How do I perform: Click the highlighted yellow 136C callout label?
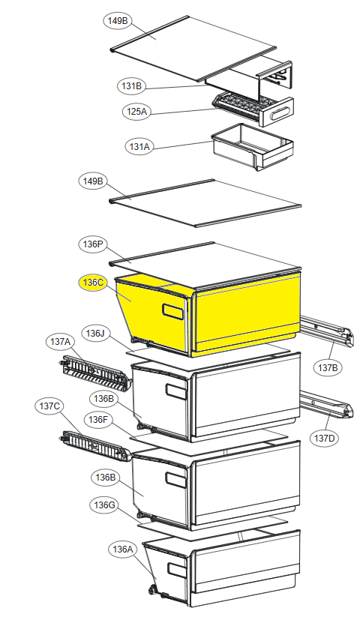coord(94,283)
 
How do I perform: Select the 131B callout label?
coord(131,86)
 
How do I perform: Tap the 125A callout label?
coord(136,112)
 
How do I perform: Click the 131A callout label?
coord(139,147)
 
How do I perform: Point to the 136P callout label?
coord(93,244)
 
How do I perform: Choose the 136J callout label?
coord(95,333)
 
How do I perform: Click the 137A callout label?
coord(60,341)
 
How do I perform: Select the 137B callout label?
coord(328,367)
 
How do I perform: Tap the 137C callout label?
coord(49,406)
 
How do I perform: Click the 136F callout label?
coord(98,420)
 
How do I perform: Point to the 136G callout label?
coord(104,505)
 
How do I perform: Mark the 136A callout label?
coord(123,550)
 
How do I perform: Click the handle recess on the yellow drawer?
coord(174,311)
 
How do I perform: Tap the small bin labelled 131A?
coord(253,146)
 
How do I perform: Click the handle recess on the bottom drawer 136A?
coord(176,568)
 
